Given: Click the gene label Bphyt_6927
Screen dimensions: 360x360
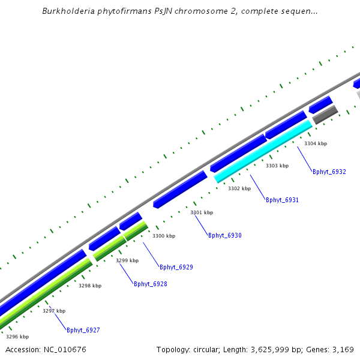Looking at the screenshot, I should point(83,330).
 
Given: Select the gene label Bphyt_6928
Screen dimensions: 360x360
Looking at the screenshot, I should point(150,284).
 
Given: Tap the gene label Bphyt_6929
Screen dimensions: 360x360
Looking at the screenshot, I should point(176,267).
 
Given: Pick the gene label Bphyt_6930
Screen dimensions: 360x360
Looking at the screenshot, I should point(224,235).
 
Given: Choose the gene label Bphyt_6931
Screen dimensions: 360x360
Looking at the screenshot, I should point(282,200).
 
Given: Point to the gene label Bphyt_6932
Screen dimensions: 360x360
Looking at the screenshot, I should point(329,172).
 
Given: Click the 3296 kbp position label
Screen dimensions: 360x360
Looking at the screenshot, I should point(17,337).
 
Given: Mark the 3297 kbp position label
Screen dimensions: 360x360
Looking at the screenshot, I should point(54,311).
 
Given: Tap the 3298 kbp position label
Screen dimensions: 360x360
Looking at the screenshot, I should point(90,286).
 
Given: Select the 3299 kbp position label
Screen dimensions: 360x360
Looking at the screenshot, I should point(127,260).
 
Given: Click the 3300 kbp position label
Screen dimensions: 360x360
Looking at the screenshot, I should point(164,236).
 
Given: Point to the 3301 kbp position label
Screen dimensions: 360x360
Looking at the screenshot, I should point(202,212).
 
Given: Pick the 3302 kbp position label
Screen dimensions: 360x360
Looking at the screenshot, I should point(239,188).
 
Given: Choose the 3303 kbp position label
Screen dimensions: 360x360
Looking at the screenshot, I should point(277,166).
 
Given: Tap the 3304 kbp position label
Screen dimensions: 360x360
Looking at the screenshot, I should point(316,143).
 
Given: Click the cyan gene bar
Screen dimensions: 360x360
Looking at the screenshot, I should point(264,151).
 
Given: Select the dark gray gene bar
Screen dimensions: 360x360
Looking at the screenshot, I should point(325,115).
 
